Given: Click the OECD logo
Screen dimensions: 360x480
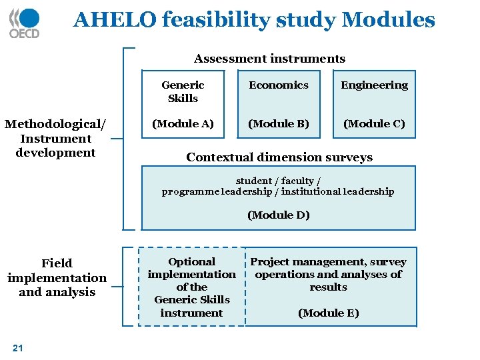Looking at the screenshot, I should pos(25,23).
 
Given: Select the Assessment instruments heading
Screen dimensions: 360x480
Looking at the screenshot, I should pos(269,59).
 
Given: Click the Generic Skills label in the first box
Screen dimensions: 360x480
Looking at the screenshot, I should pos(183,91).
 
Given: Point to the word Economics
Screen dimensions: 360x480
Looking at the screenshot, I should pos(279,85).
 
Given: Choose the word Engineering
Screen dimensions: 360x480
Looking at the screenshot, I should pos(374,85).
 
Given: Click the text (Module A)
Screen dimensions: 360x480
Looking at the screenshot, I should pos(183,123).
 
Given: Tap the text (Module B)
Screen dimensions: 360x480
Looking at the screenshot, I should pos(279,123).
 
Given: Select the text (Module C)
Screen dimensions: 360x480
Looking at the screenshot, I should pos(374,123).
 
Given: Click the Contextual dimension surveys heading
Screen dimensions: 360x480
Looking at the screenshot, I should pos(279,157).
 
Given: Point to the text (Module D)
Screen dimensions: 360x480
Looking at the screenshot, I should pos(279,215).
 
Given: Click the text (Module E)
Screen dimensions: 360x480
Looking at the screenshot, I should pos(328,313).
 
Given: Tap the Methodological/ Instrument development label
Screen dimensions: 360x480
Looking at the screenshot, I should pos(56,139).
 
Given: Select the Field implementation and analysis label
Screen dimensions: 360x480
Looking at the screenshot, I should pos(57,277).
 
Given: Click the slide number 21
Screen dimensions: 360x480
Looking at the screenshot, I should pos(18,347).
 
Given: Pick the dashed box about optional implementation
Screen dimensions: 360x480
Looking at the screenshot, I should pos(191,287).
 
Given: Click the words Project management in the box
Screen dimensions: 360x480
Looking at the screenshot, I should pos(293,262).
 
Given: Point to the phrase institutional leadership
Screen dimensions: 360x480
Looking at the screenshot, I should pos(337,192).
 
